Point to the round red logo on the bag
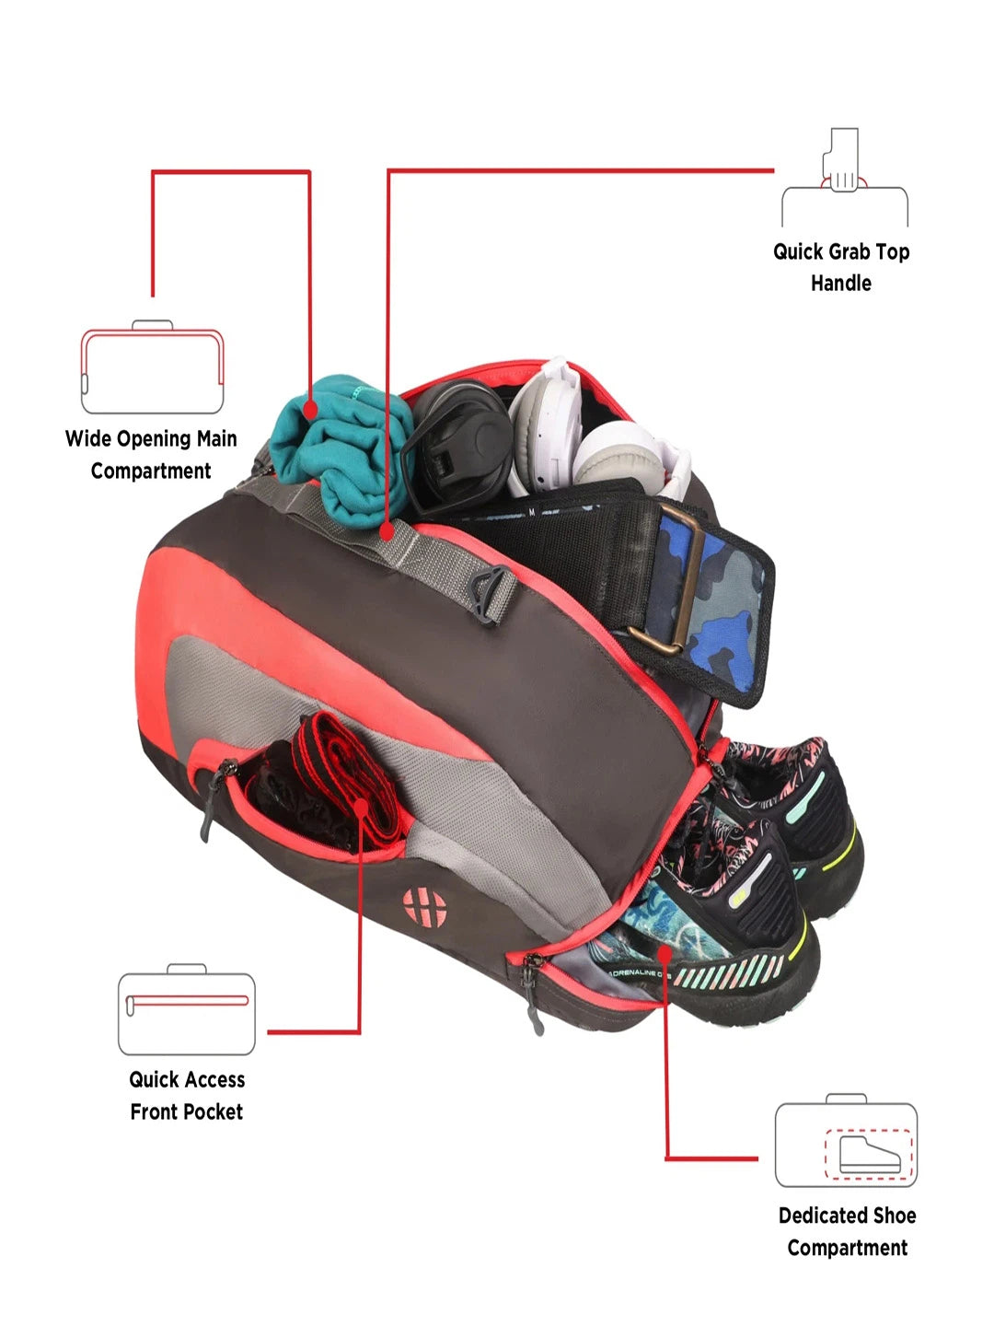[x=424, y=907]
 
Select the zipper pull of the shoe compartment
[x=532, y=991]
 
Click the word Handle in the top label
[x=840, y=283]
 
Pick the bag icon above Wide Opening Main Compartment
[x=152, y=366]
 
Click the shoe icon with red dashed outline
[x=870, y=1155]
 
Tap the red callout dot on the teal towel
[x=309, y=410]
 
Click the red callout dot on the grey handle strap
[x=387, y=531]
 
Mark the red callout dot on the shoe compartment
[x=665, y=954]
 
